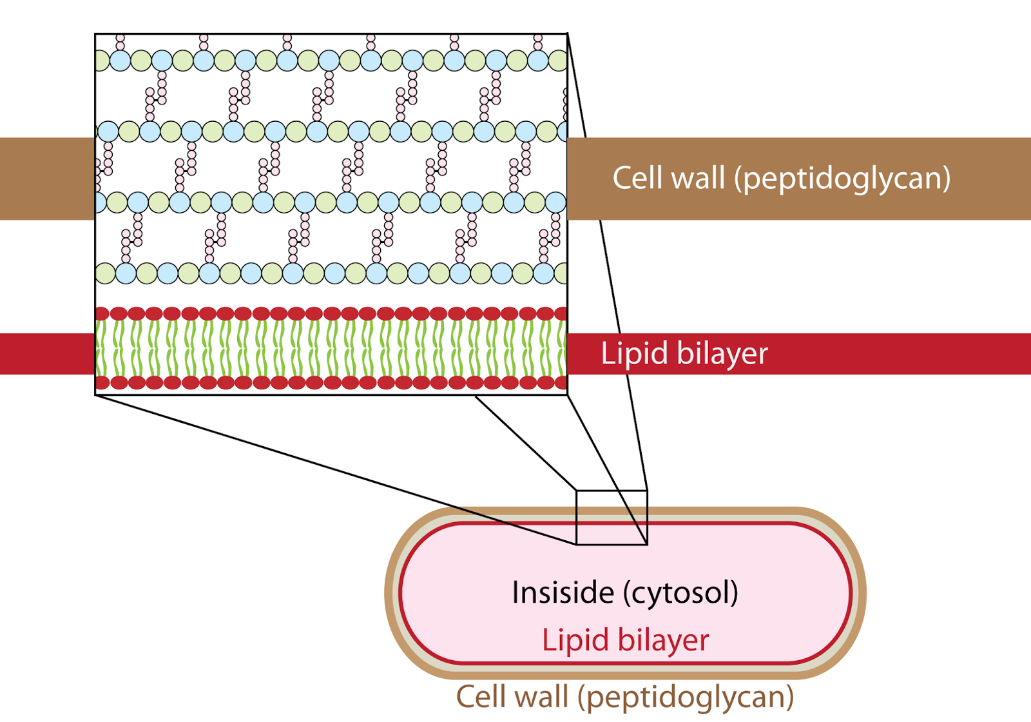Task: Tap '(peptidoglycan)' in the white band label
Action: point(842,180)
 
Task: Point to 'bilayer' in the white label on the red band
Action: point(722,355)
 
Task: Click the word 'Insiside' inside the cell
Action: point(563,592)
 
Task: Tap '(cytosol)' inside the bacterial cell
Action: point(680,593)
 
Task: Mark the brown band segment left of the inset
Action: point(47,179)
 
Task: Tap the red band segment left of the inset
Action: point(47,354)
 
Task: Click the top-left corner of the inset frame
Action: point(95,34)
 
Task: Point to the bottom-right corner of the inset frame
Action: point(568,395)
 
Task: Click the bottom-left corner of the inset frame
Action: point(95,395)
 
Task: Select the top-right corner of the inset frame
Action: point(568,34)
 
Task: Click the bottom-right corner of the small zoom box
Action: point(648,545)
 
